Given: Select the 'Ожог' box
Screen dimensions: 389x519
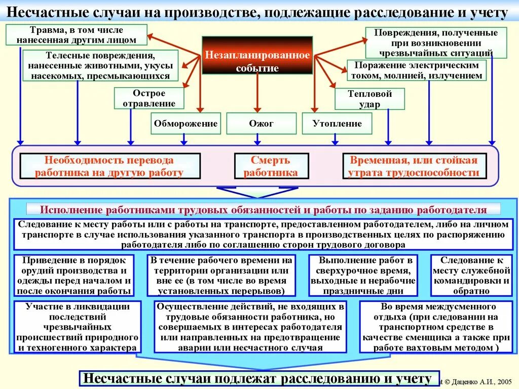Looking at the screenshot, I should click(261, 123).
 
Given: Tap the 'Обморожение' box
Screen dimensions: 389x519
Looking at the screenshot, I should click(186, 123).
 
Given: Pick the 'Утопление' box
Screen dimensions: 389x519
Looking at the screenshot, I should click(337, 123).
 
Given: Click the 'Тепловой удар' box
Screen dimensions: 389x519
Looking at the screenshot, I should click(369, 99).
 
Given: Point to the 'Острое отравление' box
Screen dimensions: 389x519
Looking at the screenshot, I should click(149, 98).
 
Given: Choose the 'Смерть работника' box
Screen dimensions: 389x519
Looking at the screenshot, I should click(271, 166).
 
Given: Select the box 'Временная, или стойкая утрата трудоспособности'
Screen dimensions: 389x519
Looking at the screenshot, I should click(414, 166).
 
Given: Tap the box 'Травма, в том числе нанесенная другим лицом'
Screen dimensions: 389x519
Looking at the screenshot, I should click(77, 34).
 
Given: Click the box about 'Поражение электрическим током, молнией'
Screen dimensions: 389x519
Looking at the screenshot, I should click(416, 70).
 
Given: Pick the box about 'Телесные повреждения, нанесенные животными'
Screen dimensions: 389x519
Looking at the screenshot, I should click(100, 65).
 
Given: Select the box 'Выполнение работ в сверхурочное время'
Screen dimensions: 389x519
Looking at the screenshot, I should click(363, 276).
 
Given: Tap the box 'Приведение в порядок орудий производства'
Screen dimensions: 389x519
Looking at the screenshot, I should click(74, 276).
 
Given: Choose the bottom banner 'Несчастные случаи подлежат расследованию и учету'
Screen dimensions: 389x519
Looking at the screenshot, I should click(257, 378).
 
